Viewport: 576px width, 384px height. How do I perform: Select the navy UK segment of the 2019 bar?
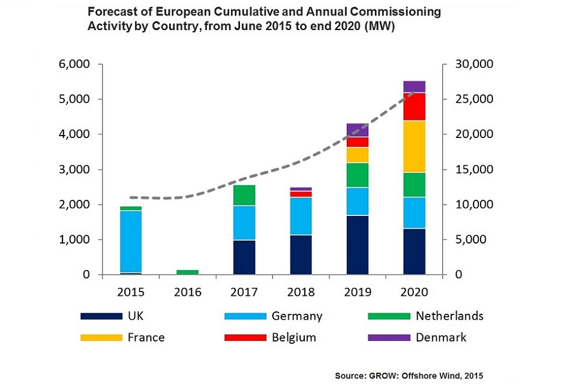[x=358, y=245]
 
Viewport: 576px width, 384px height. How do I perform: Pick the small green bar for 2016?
[x=188, y=272]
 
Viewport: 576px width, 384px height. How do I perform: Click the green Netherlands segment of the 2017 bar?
[x=244, y=196]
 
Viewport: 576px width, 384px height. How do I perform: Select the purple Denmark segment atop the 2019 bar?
[x=358, y=130]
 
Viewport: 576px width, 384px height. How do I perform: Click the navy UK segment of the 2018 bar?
[x=301, y=254]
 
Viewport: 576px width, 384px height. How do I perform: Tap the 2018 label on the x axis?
[x=301, y=292]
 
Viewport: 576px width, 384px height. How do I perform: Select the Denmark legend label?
[x=441, y=337]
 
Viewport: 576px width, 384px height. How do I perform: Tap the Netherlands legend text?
[x=449, y=316]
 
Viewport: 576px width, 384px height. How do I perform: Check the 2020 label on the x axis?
[x=415, y=292]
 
